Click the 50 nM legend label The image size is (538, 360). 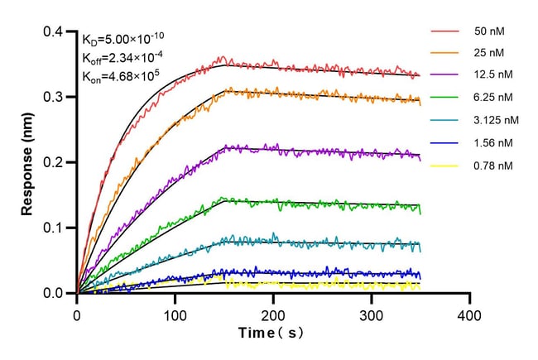click(x=486, y=31)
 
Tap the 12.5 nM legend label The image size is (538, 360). click(x=489, y=75)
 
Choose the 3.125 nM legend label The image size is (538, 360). click(x=492, y=120)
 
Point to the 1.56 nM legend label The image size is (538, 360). click(x=489, y=142)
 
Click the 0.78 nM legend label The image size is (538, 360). click(x=489, y=165)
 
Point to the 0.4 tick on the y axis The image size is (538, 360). click(x=55, y=32)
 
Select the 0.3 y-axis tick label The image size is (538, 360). click(x=55, y=97)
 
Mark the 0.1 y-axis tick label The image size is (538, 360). click(x=55, y=228)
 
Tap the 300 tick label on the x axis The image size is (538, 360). click(x=372, y=315)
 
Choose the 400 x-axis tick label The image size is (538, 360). click(x=470, y=315)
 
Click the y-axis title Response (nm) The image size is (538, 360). click(x=28, y=162)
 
